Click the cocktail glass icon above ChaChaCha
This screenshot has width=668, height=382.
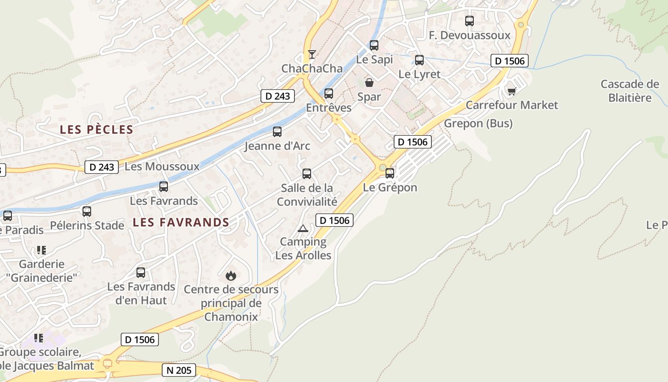pyautogui.click(x=312, y=54)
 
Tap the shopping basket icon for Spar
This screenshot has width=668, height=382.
pyautogui.click(x=369, y=83)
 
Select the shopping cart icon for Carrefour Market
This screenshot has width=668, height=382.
pyautogui.click(x=511, y=91)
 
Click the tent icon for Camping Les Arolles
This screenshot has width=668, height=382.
pyautogui.click(x=303, y=228)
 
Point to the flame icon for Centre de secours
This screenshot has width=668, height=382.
pyautogui.click(x=231, y=276)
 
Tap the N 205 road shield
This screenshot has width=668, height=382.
pyautogui.click(x=179, y=370)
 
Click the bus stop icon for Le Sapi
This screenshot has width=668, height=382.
pyautogui.click(x=374, y=45)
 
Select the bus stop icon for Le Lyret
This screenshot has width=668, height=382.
pyautogui.click(x=419, y=60)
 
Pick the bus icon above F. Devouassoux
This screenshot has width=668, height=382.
pyautogui.click(x=470, y=21)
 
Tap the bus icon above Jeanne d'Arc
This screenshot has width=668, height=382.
pyautogui.click(x=277, y=132)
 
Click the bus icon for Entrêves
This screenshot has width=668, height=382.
pyautogui.click(x=329, y=94)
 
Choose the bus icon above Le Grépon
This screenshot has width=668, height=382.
pyautogui.click(x=390, y=173)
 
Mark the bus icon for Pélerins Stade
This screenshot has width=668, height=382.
pyautogui.click(x=87, y=211)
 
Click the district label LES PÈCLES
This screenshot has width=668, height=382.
pyautogui.click(x=96, y=129)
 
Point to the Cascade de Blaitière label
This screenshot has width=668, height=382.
pyautogui.click(x=630, y=91)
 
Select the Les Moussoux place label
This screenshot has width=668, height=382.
pyautogui.click(x=162, y=167)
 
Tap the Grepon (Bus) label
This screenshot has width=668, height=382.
pyautogui.click(x=478, y=124)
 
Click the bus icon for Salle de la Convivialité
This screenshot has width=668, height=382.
pyautogui.click(x=307, y=174)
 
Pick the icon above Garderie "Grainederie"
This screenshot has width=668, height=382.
pyautogui.click(x=42, y=250)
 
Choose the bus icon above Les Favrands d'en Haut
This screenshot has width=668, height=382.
pyautogui.click(x=141, y=273)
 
